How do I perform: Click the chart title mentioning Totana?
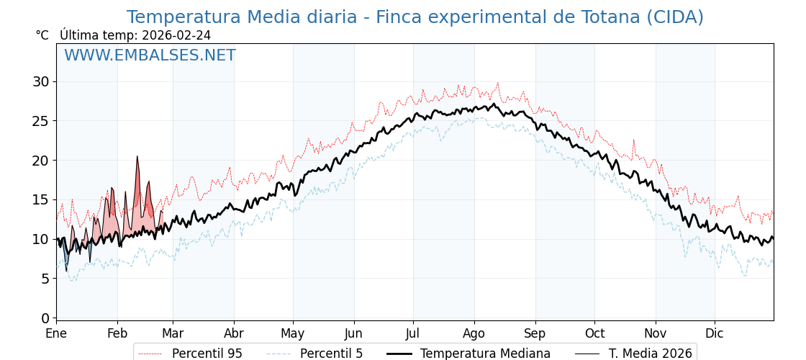(x=415, y=17)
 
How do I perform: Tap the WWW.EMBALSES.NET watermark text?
(x=150, y=55)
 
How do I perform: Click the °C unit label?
(x=42, y=35)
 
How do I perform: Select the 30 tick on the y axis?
(x=40, y=81)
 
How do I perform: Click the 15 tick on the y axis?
(x=40, y=199)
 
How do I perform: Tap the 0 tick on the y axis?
(x=45, y=318)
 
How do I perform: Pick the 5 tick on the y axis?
(x=45, y=278)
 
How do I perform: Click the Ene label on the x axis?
(x=56, y=333)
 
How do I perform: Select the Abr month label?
(x=233, y=333)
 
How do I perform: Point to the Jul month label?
(x=413, y=333)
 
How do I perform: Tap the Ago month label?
(x=474, y=333)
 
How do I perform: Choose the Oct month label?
(x=594, y=333)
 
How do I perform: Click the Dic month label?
(x=715, y=333)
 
